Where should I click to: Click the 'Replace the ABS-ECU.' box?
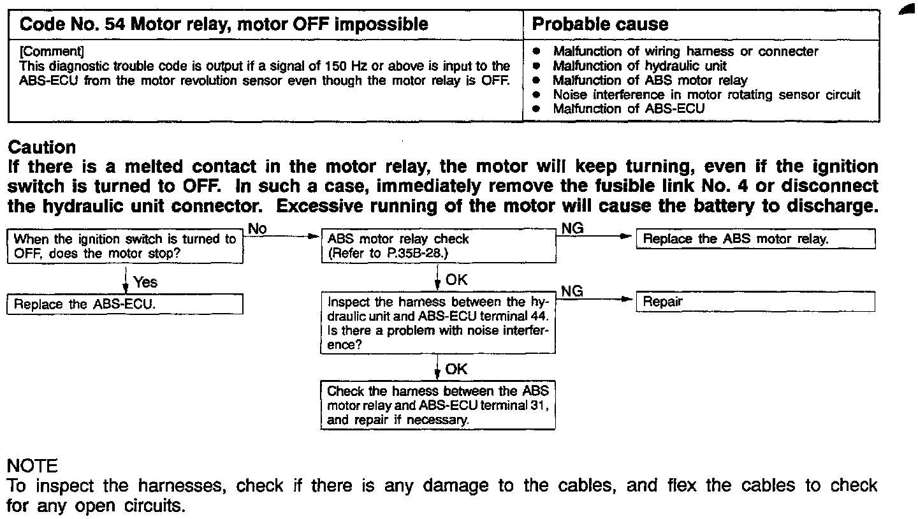[x=125, y=304]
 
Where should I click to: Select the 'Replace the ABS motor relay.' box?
[x=755, y=240]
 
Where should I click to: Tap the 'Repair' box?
[x=755, y=302]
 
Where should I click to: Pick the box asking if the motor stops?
[x=125, y=247]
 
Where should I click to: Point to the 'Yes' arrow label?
[x=145, y=282]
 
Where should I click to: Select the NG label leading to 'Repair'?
[x=572, y=291]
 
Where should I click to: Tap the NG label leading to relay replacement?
[x=572, y=228]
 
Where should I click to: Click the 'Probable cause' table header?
[x=600, y=25]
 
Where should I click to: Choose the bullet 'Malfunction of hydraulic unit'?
[x=639, y=66]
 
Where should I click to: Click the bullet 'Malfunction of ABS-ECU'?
[x=629, y=109]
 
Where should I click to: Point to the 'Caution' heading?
[x=41, y=147]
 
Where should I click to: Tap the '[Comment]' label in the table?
[x=52, y=52]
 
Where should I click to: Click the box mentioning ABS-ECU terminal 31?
[x=437, y=406]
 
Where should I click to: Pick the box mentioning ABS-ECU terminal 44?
[x=437, y=323]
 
